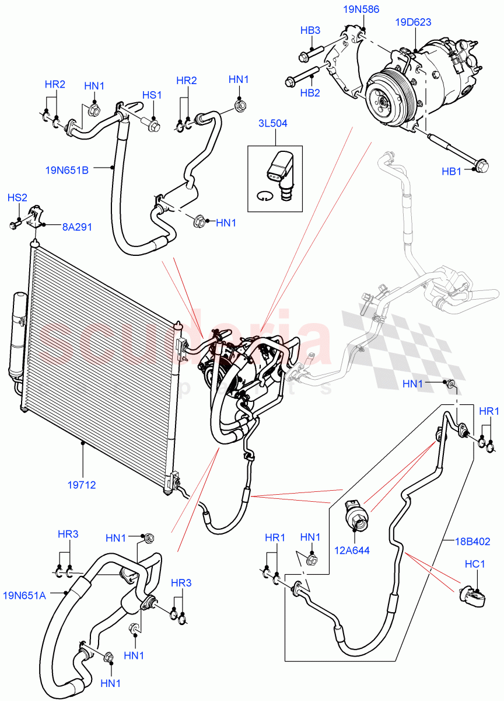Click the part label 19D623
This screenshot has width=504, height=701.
[413, 23]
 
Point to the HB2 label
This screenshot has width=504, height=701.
[310, 92]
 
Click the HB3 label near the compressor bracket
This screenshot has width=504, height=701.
[310, 30]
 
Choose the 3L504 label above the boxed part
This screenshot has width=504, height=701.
[274, 124]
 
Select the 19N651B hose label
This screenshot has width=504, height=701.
[66, 171]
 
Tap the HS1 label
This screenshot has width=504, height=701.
[152, 95]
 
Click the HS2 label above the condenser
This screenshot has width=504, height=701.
[17, 198]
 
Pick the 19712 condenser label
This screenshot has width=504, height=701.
[82, 484]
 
